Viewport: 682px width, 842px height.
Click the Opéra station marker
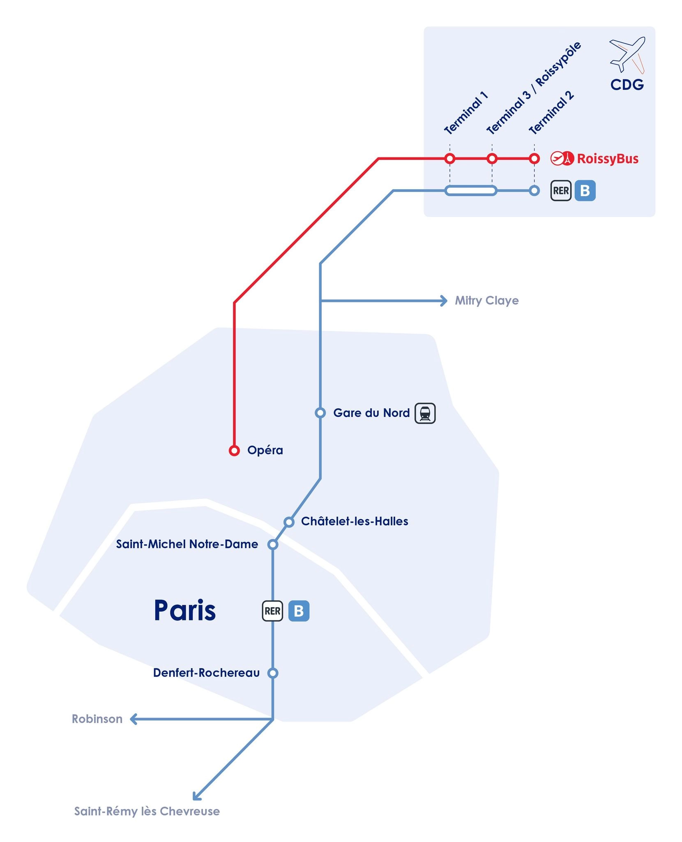click(234, 451)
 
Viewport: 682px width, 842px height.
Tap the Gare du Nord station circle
click(320, 412)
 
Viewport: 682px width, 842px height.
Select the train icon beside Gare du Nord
click(425, 413)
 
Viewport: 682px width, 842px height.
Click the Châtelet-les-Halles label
click(355, 521)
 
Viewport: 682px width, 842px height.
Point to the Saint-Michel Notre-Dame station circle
click(273, 544)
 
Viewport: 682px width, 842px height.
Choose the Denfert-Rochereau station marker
click(273, 673)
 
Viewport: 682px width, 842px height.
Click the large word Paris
click(185, 611)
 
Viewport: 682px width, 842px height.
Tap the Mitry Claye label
click(486, 301)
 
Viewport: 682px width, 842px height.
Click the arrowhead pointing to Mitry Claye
click(444, 301)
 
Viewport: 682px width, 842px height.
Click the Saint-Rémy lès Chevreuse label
click(147, 811)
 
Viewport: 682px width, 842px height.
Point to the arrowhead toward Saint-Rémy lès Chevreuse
click(197, 796)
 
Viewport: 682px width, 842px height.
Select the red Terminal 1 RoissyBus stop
click(450, 158)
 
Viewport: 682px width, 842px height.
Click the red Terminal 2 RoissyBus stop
click(534, 158)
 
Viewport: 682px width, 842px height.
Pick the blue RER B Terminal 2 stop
click(534, 191)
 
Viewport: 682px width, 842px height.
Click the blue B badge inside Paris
click(299, 611)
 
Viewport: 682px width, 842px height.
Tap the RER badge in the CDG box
click(561, 191)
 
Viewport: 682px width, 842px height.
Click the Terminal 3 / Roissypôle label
click(534, 88)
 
